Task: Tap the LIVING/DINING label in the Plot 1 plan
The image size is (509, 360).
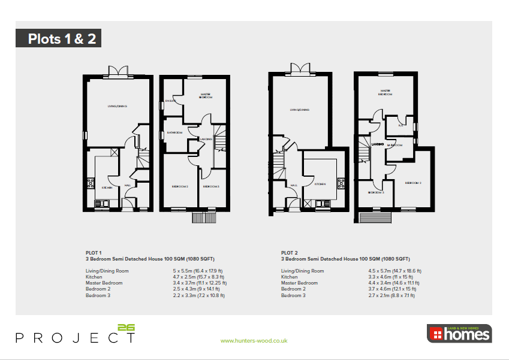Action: click(x=118, y=106)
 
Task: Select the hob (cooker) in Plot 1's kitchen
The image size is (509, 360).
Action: click(x=91, y=183)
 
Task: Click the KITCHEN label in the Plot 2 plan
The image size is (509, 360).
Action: click(x=320, y=184)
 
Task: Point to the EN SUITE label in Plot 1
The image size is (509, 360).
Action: click(x=171, y=101)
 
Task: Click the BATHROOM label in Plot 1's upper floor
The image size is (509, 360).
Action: click(x=174, y=132)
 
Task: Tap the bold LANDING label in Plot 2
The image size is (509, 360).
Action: click(x=377, y=144)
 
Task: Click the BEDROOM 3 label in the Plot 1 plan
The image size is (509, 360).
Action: click(x=210, y=187)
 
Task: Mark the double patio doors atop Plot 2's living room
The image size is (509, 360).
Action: click(x=302, y=69)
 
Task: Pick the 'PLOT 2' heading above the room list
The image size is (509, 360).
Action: click(x=289, y=253)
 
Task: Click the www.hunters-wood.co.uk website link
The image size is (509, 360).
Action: click(x=254, y=340)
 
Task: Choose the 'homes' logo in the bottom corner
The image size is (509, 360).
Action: click(x=459, y=334)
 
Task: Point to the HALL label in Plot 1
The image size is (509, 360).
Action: click(x=128, y=186)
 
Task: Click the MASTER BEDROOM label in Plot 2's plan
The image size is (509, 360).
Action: click(x=384, y=92)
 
